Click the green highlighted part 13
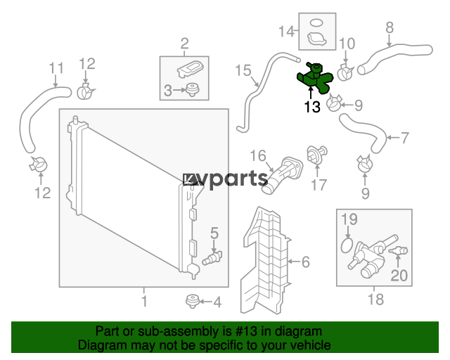[x=314, y=79]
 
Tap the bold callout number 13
[x=312, y=107]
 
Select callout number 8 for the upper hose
[x=390, y=28]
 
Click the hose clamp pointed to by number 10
[x=345, y=72]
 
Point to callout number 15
[x=243, y=70]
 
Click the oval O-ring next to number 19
[x=347, y=245]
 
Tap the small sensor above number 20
[x=398, y=251]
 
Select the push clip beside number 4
[x=193, y=301]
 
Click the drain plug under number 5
[x=212, y=257]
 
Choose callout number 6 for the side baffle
[x=305, y=262]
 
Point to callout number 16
[x=258, y=156]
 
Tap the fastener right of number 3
[x=192, y=89]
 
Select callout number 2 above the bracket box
[x=184, y=44]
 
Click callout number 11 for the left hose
[x=56, y=68]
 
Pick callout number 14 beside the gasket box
[x=287, y=31]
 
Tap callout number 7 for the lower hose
[x=404, y=138]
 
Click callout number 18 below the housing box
[x=375, y=299]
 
